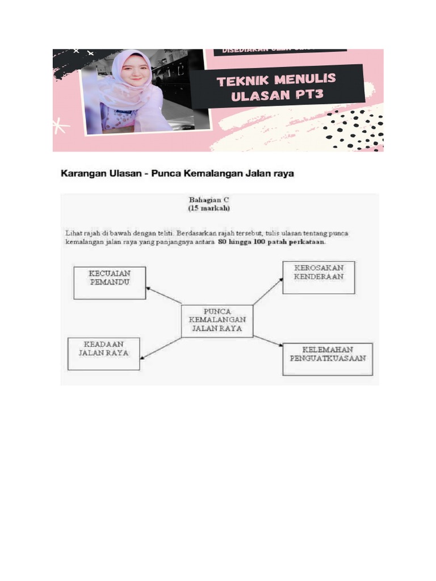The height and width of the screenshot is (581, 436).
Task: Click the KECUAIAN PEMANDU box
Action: tap(110, 283)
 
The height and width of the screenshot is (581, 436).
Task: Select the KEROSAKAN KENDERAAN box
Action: tap(318, 277)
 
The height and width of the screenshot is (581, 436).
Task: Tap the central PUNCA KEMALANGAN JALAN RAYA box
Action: tap(217, 321)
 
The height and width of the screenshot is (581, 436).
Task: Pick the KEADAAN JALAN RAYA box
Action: tap(103, 353)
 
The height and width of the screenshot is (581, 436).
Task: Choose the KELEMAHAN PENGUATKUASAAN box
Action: tap(328, 359)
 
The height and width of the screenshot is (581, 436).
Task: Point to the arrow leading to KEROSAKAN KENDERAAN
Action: tap(268, 291)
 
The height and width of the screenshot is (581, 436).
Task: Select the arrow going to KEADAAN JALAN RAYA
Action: tap(161, 348)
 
